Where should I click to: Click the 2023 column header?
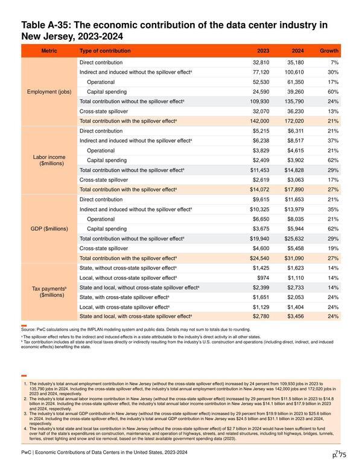263,51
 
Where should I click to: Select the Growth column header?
329,51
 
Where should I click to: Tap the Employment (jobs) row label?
49,92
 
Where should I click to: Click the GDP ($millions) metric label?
49,229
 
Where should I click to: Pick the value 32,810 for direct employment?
261,62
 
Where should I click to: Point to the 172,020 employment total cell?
294,121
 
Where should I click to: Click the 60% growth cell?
333,92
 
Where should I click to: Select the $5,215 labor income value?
261,131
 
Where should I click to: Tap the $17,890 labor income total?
294,190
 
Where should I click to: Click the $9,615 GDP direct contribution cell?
261,199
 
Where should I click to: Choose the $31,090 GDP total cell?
294,259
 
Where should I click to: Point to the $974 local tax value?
263,278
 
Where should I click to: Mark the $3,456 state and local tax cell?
296,317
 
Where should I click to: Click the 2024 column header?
297,51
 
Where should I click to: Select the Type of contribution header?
105,51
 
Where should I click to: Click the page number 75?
343,455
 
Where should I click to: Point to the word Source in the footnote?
28,329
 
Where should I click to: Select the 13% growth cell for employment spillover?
333,111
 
